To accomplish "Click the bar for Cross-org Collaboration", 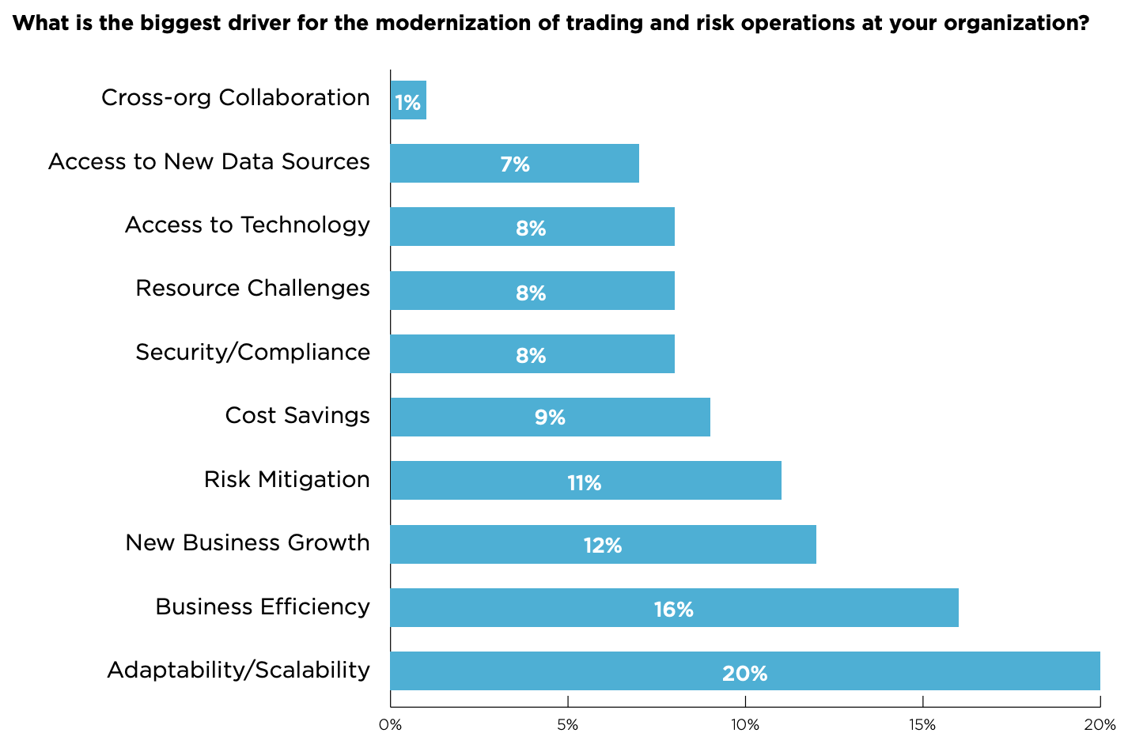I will pyautogui.click(x=408, y=100).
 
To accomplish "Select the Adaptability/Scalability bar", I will pyautogui.click(x=744, y=671).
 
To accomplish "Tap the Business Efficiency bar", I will pyautogui.click(x=673, y=607).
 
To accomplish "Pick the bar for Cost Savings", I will pyautogui.click(x=550, y=417).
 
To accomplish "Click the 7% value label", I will pyautogui.click(x=515, y=164).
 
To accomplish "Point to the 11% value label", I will pyautogui.click(x=585, y=483).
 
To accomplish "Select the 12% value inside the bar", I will pyautogui.click(x=603, y=546).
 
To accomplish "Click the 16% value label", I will pyautogui.click(x=674, y=610).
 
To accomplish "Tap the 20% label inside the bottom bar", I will pyautogui.click(x=744, y=674).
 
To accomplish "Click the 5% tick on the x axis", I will pyautogui.click(x=567, y=725).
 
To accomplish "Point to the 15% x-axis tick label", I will pyautogui.click(x=922, y=725).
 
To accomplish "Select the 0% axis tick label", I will pyautogui.click(x=390, y=725).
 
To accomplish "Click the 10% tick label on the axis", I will pyautogui.click(x=744, y=725).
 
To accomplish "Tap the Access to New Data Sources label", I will pyautogui.click(x=209, y=162).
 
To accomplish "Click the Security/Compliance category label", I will pyautogui.click(x=252, y=352).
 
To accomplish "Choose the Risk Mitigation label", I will pyautogui.click(x=286, y=479).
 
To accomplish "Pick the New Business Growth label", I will pyautogui.click(x=248, y=542).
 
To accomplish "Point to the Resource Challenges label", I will pyautogui.click(x=252, y=288).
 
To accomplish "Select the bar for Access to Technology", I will pyautogui.click(x=532, y=227).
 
